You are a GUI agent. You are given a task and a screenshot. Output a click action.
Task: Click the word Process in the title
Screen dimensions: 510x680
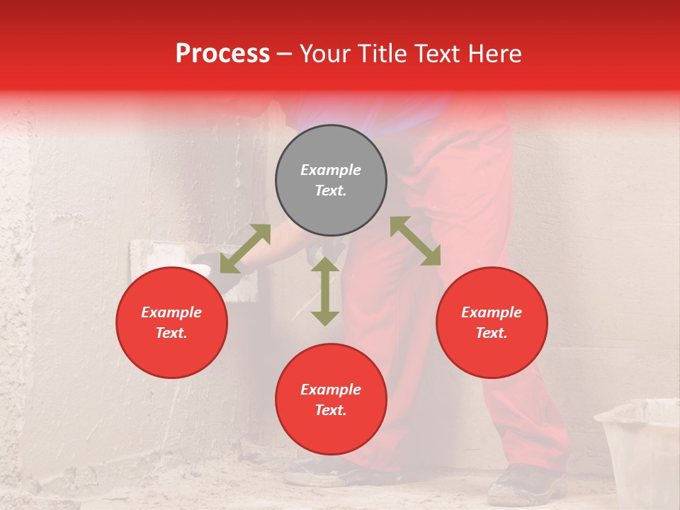(222, 54)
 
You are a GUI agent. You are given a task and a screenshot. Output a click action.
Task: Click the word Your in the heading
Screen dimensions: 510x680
(327, 54)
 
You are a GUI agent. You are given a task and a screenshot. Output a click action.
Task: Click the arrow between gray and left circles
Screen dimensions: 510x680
(245, 249)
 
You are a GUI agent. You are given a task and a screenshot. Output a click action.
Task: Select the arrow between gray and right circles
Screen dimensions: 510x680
(416, 241)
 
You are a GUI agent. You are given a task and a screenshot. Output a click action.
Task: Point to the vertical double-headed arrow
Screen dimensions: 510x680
(325, 291)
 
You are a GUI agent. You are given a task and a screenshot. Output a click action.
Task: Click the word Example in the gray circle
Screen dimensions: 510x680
(331, 170)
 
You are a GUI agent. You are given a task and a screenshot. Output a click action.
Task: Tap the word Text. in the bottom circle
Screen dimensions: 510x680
(331, 410)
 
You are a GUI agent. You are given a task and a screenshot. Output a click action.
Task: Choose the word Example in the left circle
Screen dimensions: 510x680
(171, 312)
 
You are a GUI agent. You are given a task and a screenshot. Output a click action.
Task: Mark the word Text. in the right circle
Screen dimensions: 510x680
(492, 333)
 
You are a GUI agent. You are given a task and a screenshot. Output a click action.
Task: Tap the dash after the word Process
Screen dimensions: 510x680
(284, 55)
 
